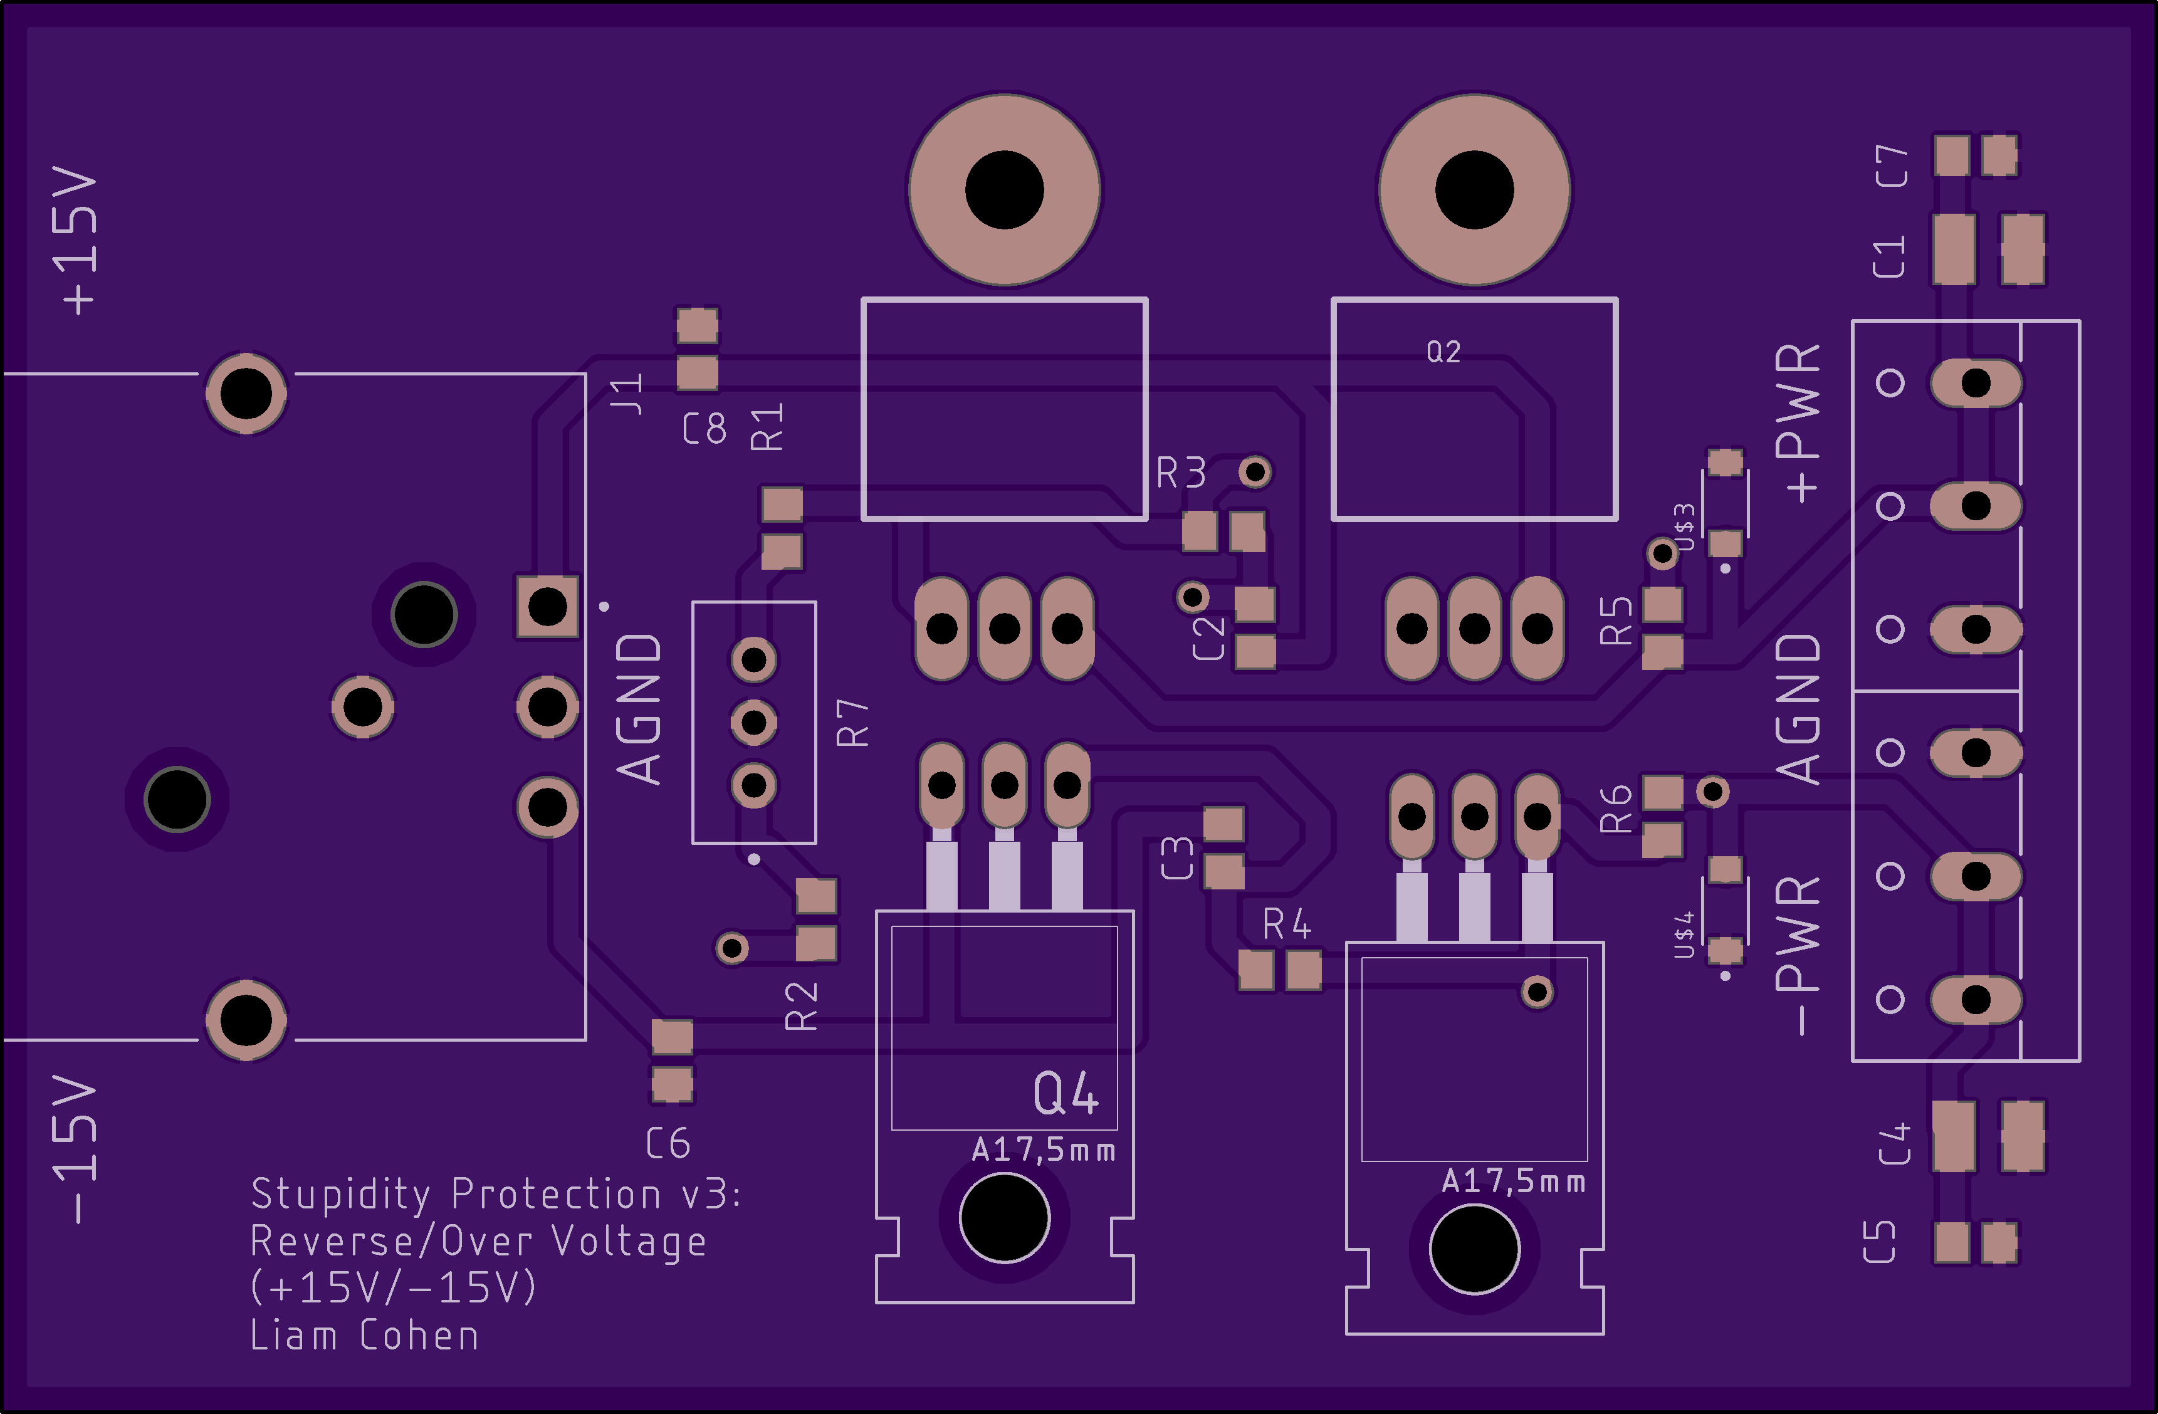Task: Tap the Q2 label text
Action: coord(1443,352)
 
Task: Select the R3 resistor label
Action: coord(1181,473)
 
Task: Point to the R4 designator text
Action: coord(1287,924)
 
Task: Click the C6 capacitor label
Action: coord(668,1144)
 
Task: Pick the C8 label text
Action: coord(704,428)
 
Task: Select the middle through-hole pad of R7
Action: coord(753,723)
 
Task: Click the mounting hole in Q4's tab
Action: coord(1003,1218)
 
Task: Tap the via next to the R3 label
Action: coord(1255,471)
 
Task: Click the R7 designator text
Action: coord(852,723)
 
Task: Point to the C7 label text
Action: coord(1892,166)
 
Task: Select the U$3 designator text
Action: coord(1684,527)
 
